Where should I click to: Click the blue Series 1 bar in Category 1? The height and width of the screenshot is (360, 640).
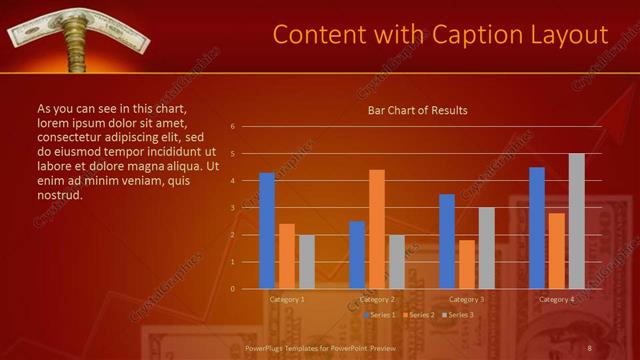[x=267, y=231]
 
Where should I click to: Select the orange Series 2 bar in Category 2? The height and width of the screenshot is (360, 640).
[x=377, y=229]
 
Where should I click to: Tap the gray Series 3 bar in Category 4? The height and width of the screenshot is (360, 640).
[x=576, y=221]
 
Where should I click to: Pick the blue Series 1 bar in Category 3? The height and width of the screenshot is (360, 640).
[x=447, y=241]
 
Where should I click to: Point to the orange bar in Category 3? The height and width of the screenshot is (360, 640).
[x=467, y=264]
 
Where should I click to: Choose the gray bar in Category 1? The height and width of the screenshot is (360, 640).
[x=307, y=262]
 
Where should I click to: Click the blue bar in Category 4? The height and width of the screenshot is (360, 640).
[x=537, y=228]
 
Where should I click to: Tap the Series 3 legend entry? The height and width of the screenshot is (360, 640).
[x=459, y=315]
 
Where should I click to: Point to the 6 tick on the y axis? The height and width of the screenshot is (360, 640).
[x=232, y=127]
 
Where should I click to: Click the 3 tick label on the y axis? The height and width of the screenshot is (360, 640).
[x=232, y=208]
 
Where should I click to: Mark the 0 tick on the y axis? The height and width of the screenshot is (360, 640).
[x=232, y=289]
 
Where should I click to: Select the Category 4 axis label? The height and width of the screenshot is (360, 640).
[x=556, y=300]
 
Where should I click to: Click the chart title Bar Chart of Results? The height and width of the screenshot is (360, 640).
[x=418, y=110]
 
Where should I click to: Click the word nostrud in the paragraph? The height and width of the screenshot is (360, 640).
[x=59, y=195]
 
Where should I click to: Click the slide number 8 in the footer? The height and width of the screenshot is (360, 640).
[x=590, y=347]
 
